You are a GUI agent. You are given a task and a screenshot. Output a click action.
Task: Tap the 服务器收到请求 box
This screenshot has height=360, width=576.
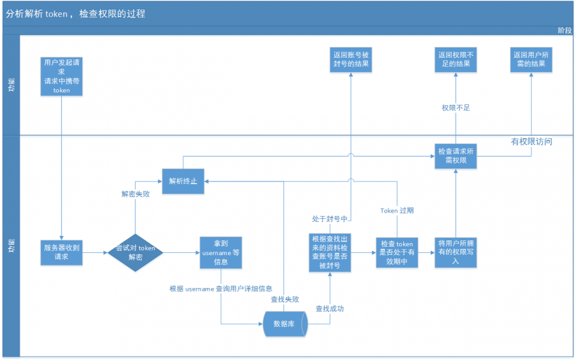pos(62,252)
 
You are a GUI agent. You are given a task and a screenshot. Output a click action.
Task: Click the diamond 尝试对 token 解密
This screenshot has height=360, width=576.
pos(135,252)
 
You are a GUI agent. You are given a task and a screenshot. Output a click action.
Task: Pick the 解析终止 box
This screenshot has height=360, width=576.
pos(183,181)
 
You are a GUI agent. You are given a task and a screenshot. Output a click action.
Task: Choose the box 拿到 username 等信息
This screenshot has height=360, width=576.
pos(221,252)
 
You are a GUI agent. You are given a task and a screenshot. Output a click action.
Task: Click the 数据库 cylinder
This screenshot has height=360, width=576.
pos(285,324)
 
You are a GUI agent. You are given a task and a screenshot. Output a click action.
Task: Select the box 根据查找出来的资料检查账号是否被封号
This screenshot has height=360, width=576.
pos(329,252)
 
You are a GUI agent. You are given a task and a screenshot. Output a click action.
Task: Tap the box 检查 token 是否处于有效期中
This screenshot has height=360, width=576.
pos(397,252)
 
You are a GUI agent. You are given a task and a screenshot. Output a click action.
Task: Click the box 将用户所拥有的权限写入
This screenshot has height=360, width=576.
pos(456,252)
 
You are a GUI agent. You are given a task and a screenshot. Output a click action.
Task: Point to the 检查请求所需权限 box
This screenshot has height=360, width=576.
pos(456,156)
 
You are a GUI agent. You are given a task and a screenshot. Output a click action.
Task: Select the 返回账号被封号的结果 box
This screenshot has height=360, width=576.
pos(351,59)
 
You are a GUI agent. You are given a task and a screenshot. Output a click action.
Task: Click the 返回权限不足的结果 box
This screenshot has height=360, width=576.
pos(455,59)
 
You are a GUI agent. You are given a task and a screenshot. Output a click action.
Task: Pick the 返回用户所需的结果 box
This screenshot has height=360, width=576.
pos(531,59)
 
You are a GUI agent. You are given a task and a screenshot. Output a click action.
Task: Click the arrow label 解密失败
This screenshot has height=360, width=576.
pos(135,194)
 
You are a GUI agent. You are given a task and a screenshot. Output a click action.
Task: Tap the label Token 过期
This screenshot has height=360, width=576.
pos(397,210)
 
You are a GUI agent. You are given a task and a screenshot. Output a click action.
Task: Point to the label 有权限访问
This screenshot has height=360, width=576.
pos(532,141)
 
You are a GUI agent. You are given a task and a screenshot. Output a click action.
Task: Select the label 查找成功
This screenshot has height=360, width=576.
pos(329,309)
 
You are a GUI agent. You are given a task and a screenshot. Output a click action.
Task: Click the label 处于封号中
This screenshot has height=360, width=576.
pos(329,219)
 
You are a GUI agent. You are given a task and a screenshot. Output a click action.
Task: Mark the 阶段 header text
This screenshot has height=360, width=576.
pos(564,31)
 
